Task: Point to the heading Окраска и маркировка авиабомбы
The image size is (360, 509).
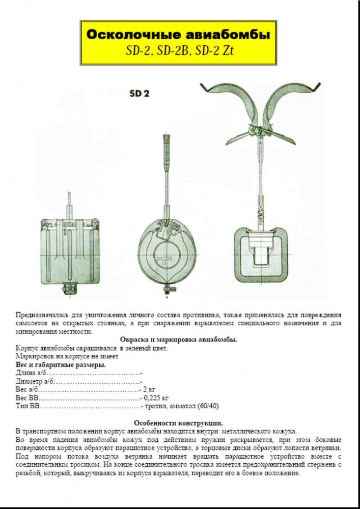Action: [178, 340]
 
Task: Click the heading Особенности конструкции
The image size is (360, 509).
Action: [178, 422]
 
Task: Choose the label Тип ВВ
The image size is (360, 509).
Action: [27, 406]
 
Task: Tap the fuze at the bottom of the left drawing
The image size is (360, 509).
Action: [67, 289]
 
